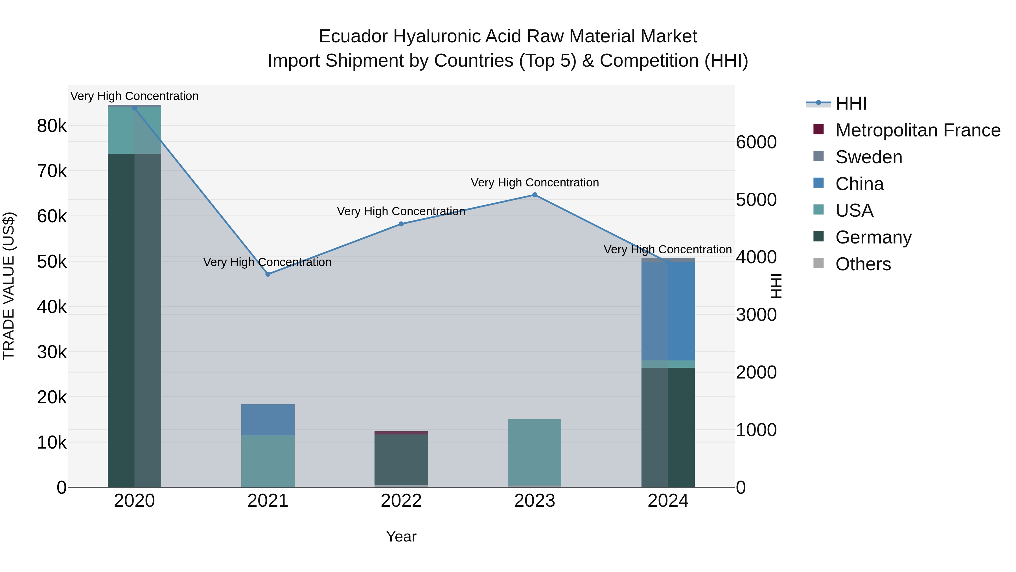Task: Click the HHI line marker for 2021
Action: tap(268, 274)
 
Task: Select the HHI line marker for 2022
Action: tap(401, 224)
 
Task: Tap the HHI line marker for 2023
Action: tap(535, 195)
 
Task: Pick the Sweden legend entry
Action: tap(868, 157)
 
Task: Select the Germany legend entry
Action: tap(873, 237)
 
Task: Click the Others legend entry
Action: tap(863, 264)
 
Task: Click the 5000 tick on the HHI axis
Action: tap(756, 200)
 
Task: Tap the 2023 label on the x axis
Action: tap(535, 501)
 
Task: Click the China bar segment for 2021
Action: tap(268, 420)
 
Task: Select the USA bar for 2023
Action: tap(535, 452)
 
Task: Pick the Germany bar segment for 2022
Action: tap(401, 460)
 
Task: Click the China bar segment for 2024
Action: tap(668, 311)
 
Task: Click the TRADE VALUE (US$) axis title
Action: tap(9, 286)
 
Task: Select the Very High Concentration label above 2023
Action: tap(535, 183)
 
